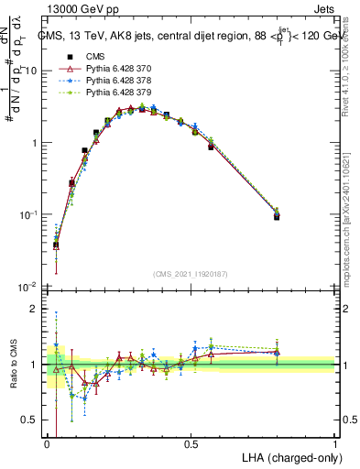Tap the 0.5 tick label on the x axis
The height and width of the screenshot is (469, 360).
coord(191,443)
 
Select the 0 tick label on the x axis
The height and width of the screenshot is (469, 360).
coord(48,443)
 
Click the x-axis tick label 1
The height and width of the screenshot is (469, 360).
coord(335,443)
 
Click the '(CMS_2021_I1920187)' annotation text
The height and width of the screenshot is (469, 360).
coord(191,273)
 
